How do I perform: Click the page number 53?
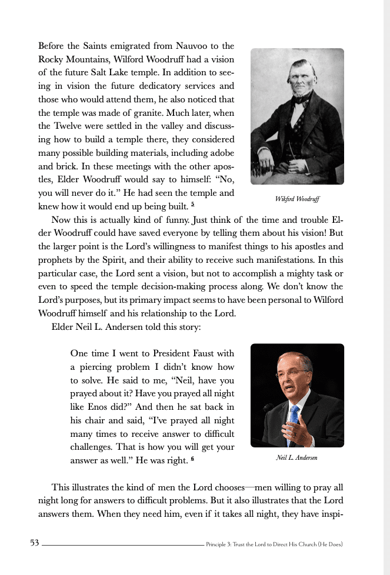tap(34, 543)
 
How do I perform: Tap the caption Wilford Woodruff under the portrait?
tap(297, 199)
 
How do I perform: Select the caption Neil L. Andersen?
tap(296, 457)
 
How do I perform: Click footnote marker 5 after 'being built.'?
tap(192, 205)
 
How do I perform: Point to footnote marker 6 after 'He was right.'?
tap(192, 459)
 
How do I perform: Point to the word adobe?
tap(221, 153)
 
